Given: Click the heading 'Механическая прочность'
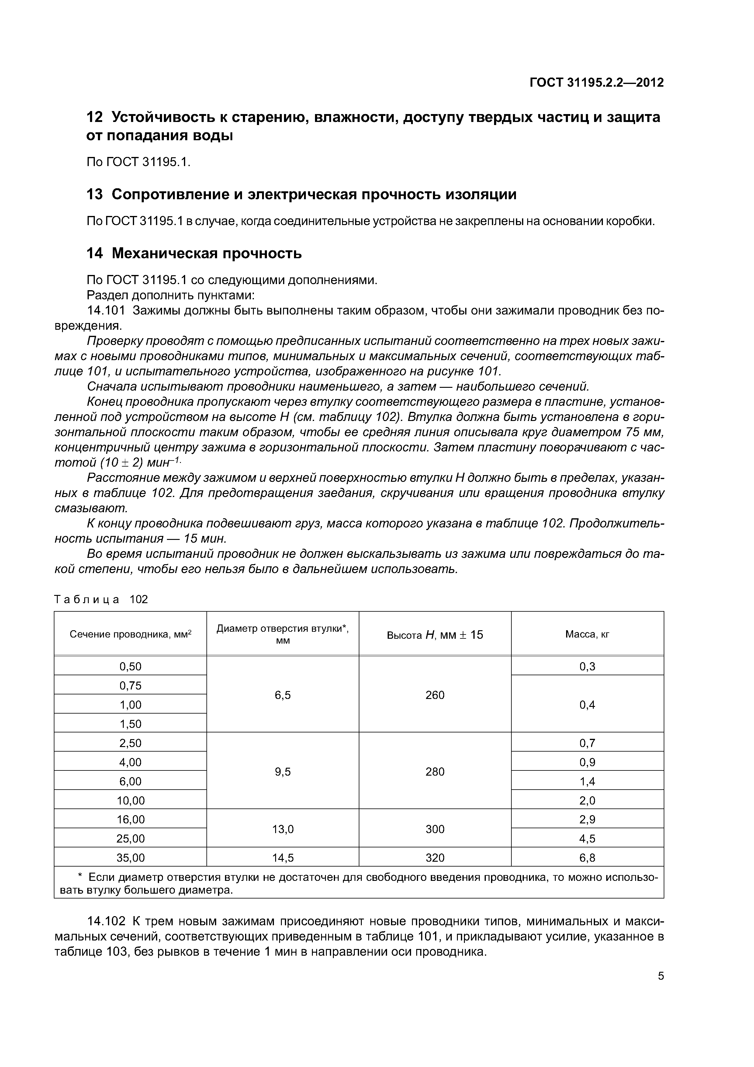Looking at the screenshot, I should [x=207, y=253].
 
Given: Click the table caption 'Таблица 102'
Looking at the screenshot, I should [x=101, y=600].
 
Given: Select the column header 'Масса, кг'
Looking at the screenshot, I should [x=587, y=634].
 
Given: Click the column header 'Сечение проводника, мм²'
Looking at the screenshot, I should [x=130, y=634].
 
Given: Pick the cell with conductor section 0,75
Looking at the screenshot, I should [x=130, y=686].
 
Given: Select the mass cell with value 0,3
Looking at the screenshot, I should [x=587, y=666].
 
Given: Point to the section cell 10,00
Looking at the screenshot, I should [x=130, y=800].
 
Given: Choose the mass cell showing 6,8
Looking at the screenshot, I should [x=587, y=858].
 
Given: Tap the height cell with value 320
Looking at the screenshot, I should [x=435, y=858].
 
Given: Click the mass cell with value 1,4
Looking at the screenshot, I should [x=587, y=781].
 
